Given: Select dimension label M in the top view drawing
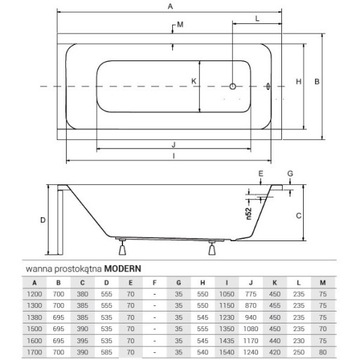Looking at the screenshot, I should click(x=179, y=24).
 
